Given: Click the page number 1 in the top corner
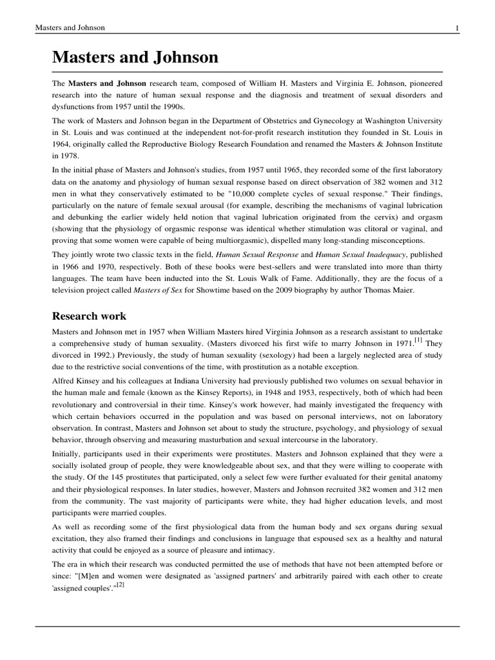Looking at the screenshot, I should pos(456,28).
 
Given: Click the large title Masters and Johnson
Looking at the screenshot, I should pos(135,57).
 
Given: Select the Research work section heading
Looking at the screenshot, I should pos(89,316).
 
